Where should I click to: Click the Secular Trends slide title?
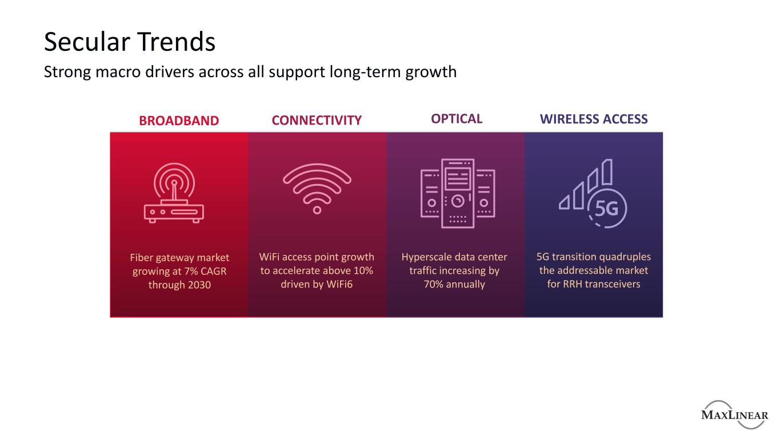pyautogui.click(x=130, y=42)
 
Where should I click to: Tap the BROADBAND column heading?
pyautogui.click(x=179, y=121)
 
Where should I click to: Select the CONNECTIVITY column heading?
pyautogui.click(x=317, y=120)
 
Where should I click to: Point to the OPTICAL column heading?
pyautogui.click(x=457, y=119)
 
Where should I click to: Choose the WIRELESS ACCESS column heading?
pyautogui.click(x=594, y=119)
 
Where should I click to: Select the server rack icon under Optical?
pyautogui.click(x=458, y=193)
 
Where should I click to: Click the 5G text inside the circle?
pyautogui.click(x=606, y=209)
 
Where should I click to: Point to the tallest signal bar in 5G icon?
pyautogui.click(x=607, y=171)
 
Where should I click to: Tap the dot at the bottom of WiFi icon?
pyautogui.click(x=317, y=210)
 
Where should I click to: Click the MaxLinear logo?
pyautogui.click(x=735, y=414)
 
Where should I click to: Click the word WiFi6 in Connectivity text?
pyautogui.click(x=339, y=284)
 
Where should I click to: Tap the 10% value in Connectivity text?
pyautogui.click(x=363, y=271)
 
